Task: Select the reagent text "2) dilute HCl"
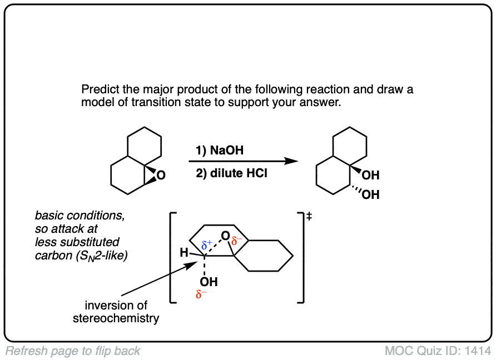tap(231, 173)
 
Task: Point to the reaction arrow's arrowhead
tap(292, 161)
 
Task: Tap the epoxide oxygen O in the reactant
tap(161, 176)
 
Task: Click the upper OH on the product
tap(370, 176)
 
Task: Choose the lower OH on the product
tap(370, 195)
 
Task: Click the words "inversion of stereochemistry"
tap(116, 312)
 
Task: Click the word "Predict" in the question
tap(98, 89)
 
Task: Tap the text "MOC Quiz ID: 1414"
tap(438, 351)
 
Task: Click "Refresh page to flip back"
tap(73, 351)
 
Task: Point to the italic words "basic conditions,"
tap(80, 216)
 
